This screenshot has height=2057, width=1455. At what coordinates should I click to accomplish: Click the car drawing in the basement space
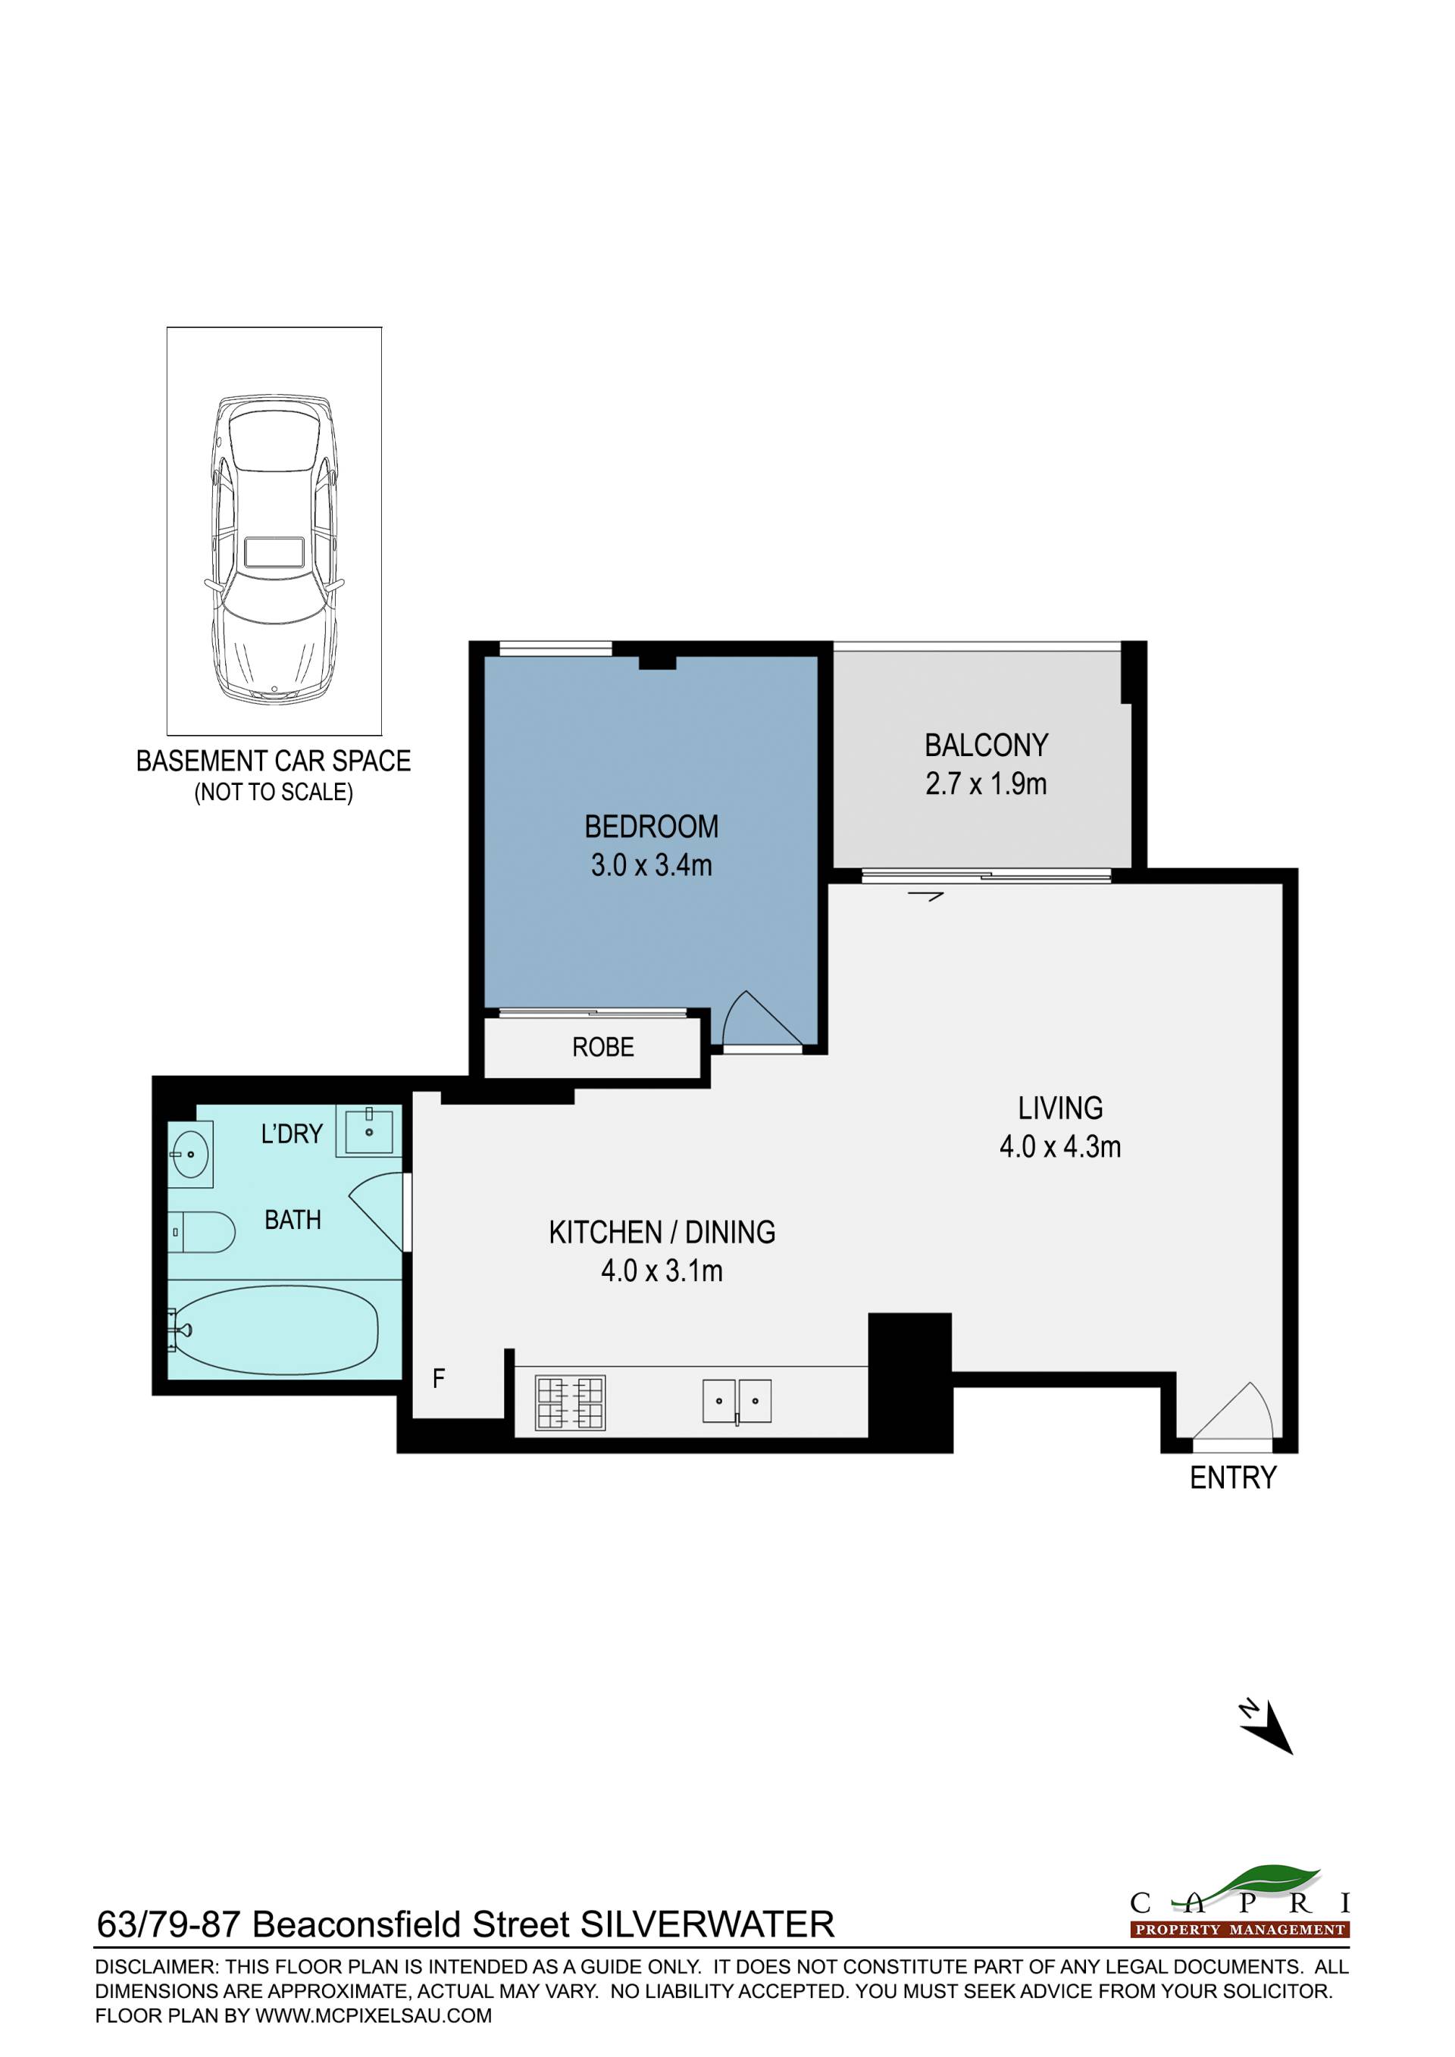click(274, 549)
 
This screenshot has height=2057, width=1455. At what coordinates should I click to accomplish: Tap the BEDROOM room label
click(652, 826)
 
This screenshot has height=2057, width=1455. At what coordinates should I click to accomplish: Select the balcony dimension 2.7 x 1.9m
click(985, 784)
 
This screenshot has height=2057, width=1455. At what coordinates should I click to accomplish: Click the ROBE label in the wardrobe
click(603, 1046)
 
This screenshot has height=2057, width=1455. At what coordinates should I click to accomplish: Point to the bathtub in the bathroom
click(277, 1330)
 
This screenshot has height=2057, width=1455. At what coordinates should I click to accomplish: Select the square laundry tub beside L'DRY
click(368, 1130)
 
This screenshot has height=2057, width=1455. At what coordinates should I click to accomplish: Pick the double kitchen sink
click(737, 1401)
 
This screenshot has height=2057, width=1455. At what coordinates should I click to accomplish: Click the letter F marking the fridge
click(438, 1378)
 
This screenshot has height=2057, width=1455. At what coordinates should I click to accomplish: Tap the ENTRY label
click(1233, 1477)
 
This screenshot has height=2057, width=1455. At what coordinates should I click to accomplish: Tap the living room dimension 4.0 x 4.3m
click(1060, 1147)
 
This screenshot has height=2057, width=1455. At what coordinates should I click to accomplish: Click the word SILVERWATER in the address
click(708, 1924)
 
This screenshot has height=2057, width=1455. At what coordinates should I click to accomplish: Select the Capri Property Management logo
click(1240, 1900)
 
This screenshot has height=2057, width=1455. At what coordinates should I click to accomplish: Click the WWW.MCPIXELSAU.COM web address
click(374, 2016)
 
